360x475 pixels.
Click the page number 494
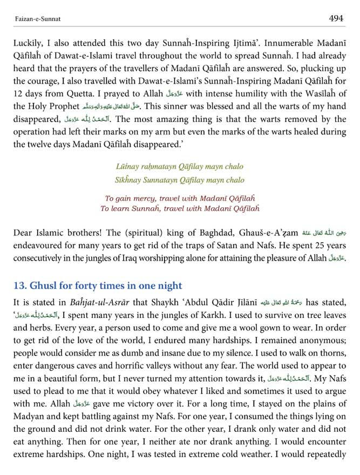(337, 18)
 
